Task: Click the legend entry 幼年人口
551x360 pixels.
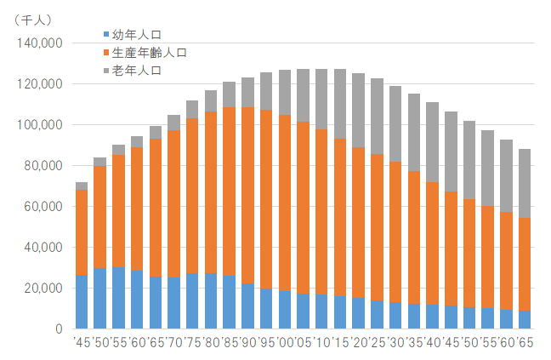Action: point(136,35)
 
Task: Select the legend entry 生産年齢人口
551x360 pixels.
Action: point(150,53)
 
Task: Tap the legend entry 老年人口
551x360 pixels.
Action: point(136,70)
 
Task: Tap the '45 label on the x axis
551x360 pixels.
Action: point(82,343)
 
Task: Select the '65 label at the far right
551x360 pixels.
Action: point(525,343)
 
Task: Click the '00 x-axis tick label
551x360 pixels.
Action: point(285,343)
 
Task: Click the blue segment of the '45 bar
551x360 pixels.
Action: point(82,301)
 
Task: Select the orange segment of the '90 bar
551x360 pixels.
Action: point(248,195)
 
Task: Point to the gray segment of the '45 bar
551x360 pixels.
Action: point(82,186)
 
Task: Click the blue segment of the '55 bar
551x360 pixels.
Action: point(118,297)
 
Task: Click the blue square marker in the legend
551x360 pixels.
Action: point(106,35)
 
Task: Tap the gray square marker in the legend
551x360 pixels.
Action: point(106,70)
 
